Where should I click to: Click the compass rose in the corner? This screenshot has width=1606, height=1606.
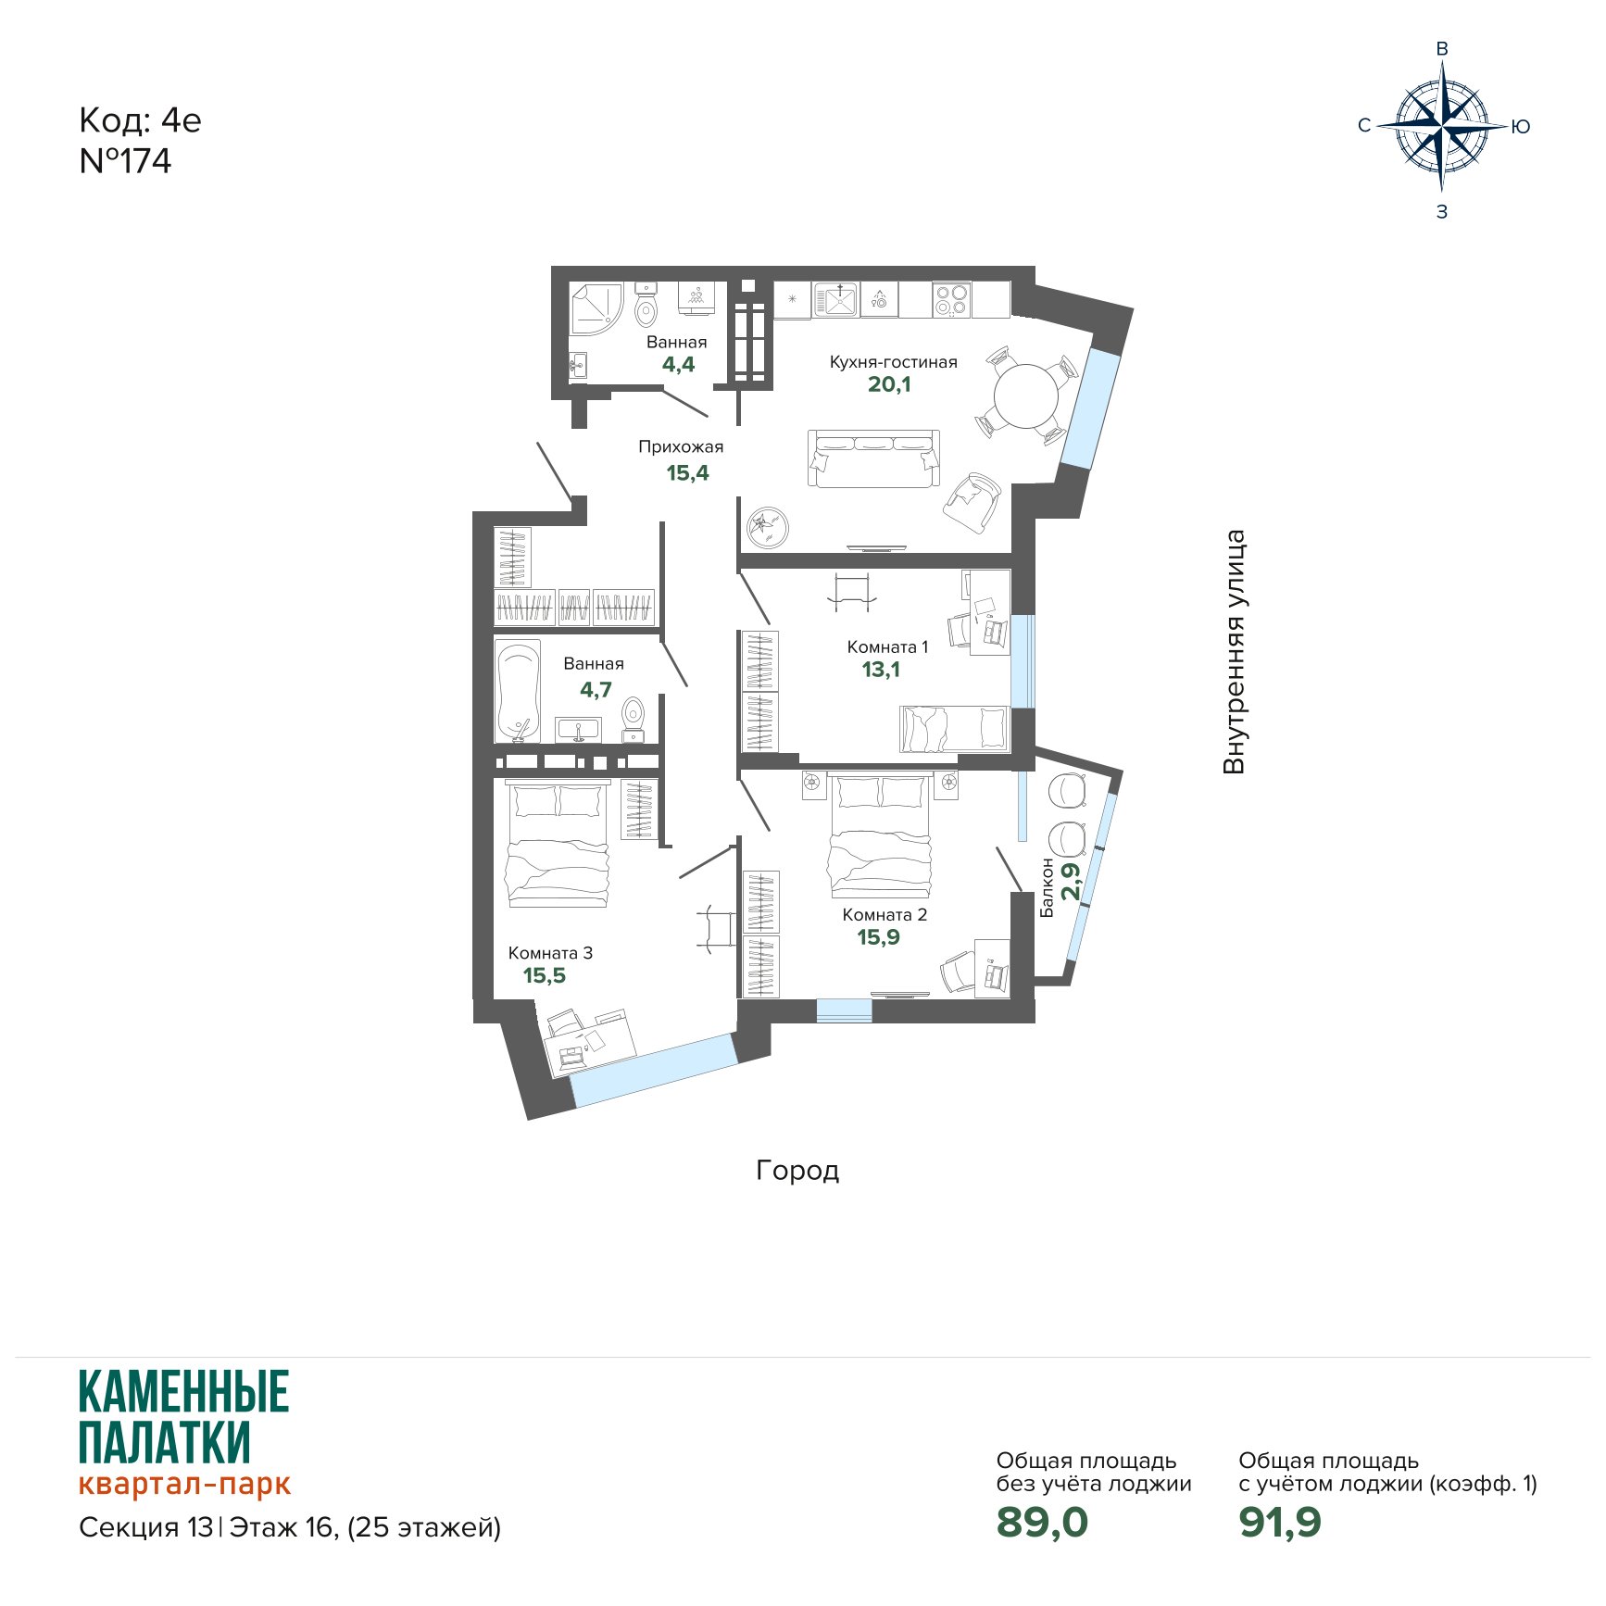1442,126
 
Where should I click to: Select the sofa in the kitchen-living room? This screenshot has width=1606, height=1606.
873,458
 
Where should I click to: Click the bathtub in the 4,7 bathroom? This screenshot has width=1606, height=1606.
518,691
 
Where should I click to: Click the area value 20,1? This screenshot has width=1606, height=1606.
889,384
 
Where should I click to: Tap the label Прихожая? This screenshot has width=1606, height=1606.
681,446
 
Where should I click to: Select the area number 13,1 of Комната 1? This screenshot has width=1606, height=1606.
881,670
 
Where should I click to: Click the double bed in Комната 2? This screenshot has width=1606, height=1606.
881,836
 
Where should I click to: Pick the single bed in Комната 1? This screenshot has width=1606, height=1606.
954,729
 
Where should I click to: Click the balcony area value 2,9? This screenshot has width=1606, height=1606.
1071,882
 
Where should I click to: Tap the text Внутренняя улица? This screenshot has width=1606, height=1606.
1234,652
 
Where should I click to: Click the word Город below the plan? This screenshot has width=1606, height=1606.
797,1171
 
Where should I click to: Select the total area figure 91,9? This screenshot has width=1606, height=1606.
1280,1522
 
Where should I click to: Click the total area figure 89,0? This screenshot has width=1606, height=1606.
1042,1522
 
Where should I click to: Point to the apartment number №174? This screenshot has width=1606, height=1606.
125,161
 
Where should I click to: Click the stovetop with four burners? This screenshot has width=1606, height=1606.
951,299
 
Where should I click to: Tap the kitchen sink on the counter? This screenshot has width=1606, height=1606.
837,299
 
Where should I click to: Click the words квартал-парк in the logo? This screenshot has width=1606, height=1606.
184,1483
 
